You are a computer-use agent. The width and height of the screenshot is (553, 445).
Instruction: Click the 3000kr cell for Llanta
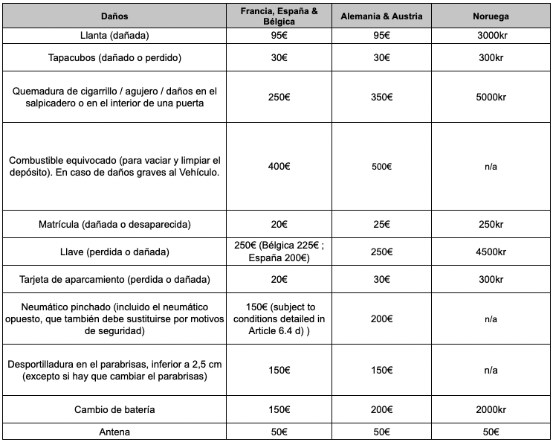tap(491, 36)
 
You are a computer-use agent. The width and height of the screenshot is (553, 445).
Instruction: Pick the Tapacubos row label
tap(114, 57)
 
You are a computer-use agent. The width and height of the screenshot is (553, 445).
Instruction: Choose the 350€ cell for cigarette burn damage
tap(382, 97)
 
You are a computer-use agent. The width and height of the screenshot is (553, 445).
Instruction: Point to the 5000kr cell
tap(491, 97)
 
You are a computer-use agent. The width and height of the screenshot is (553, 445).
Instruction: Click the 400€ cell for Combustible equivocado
tap(279, 167)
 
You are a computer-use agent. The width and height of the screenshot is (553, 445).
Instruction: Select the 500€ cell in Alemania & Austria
tap(382, 167)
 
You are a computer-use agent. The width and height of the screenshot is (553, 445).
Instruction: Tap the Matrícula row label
tap(114, 224)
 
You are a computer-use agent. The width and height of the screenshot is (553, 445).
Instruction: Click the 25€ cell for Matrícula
tap(382, 224)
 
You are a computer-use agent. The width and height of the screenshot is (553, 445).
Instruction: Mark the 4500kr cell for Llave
tap(491, 252)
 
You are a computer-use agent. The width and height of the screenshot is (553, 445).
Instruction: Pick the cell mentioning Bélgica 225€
tap(279, 252)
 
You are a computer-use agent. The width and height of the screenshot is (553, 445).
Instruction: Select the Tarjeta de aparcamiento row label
tap(114, 279)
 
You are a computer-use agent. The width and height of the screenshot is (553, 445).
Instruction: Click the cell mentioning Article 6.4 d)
tap(279, 318)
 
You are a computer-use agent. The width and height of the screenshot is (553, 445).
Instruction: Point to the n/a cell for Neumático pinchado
tap(491, 318)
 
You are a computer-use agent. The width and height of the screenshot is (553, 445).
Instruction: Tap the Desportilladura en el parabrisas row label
tap(114, 370)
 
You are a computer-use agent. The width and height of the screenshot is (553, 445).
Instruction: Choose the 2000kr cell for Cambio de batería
tap(491, 410)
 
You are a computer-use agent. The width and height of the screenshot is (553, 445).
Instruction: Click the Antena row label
tap(114, 432)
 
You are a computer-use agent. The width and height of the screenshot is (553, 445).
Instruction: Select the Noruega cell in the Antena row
tap(491, 432)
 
